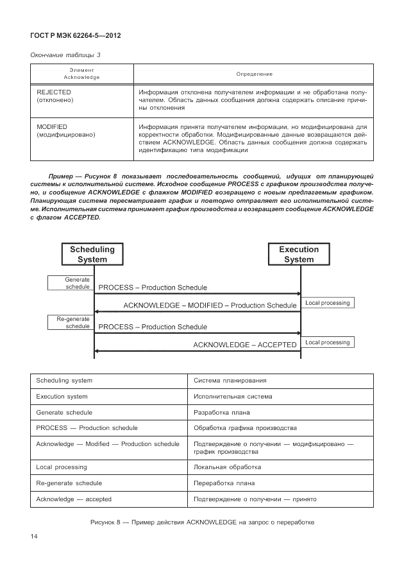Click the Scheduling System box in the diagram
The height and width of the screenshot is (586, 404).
[92, 254]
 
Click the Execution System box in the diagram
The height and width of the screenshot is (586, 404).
[299, 254]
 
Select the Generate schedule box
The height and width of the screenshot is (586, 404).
[71, 283]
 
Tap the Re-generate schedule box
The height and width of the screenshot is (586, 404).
[71, 322]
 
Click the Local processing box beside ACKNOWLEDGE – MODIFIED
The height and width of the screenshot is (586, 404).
[328, 302]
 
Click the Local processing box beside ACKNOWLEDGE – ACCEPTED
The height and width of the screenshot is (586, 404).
[328, 342]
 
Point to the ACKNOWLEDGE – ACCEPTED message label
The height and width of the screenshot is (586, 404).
[245, 345]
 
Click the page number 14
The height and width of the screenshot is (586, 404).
[35, 536]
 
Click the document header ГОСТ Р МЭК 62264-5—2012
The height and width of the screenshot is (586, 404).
[76, 35]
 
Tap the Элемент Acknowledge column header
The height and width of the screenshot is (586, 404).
[81, 74]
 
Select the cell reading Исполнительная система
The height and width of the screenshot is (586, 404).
[233, 397]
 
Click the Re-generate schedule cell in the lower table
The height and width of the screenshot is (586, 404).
[69, 483]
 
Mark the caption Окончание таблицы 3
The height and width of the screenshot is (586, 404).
[65, 55]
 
